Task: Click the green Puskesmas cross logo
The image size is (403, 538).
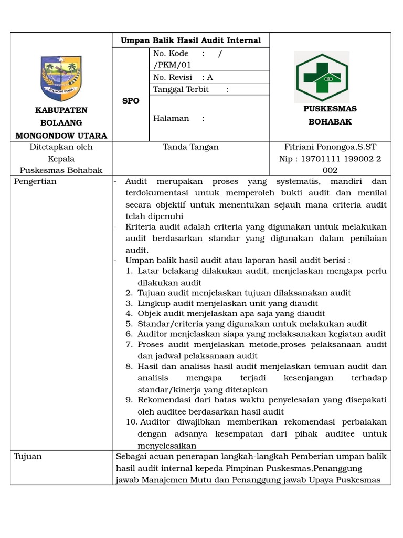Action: click(x=321, y=77)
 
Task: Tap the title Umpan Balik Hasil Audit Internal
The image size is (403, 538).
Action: click(x=191, y=40)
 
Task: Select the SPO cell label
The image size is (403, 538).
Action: click(x=131, y=101)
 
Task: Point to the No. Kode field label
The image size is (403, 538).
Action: click(x=171, y=54)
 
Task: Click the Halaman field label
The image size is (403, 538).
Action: click(x=171, y=118)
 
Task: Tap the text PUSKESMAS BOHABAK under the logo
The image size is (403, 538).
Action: click(x=330, y=115)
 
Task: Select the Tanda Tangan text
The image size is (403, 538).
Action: click(x=191, y=147)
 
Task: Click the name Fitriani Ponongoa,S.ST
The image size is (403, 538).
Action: click(x=330, y=147)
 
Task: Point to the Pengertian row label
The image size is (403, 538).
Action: click(x=36, y=182)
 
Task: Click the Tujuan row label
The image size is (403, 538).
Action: click(x=28, y=457)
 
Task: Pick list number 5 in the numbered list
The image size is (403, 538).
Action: click(x=129, y=324)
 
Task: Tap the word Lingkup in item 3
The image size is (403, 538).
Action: click(x=153, y=303)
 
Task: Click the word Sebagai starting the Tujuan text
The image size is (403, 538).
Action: click(x=131, y=457)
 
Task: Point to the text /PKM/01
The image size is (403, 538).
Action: click(x=172, y=65)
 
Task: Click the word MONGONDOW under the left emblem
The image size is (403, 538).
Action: click(x=48, y=136)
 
